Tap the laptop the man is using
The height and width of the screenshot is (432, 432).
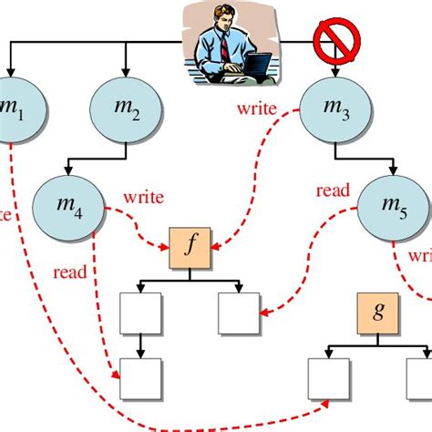258,66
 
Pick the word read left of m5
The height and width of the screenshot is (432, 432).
334,191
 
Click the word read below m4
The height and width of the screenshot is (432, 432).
71,271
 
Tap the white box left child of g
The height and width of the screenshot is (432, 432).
329,379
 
